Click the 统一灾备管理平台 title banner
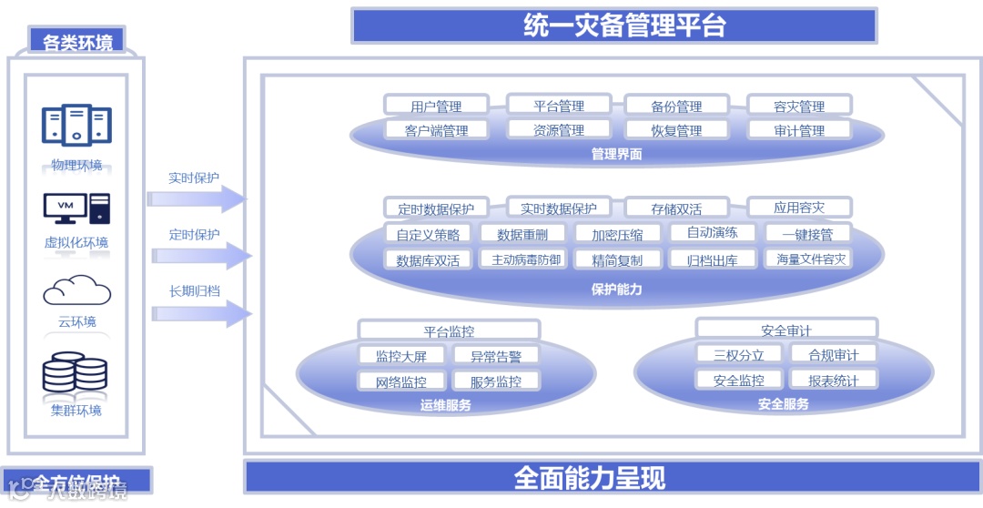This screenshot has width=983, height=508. (x=613, y=25)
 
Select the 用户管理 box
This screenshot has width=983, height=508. (x=436, y=106)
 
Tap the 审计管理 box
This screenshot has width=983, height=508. (x=799, y=130)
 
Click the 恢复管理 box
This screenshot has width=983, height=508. (x=676, y=130)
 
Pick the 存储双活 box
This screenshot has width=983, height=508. (x=676, y=208)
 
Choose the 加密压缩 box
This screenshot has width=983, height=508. (x=617, y=234)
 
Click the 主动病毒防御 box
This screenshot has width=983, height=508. (x=526, y=259)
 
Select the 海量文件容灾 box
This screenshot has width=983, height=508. (x=811, y=259)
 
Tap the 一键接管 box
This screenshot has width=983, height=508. (x=807, y=234)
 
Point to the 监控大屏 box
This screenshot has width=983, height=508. (x=401, y=356)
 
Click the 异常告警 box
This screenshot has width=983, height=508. (x=496, y=356)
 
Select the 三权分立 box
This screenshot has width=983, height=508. (x=738, y=355)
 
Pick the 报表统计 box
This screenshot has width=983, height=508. (x=833, y=380)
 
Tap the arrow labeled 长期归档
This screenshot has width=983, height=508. (x=200, y=314)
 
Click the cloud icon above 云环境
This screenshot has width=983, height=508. (x=76, y=291)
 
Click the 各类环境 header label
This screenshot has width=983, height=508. (x=77, y=42)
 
